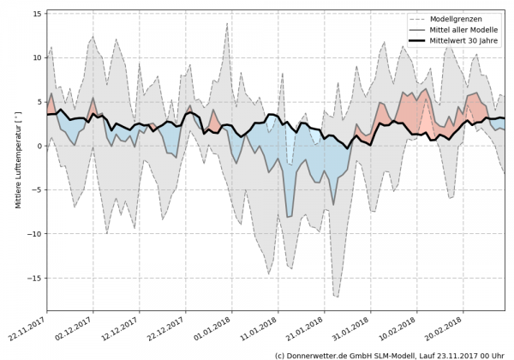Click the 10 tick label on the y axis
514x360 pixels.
[x=37, y=57]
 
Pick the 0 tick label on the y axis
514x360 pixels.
[x=39, y=146]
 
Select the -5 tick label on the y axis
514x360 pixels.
[x=37, y=189]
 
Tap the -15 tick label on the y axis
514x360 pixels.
[x=34, y=278]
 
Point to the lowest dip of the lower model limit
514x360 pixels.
[x=337, y=297]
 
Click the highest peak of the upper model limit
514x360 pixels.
[x=227, y=23]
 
